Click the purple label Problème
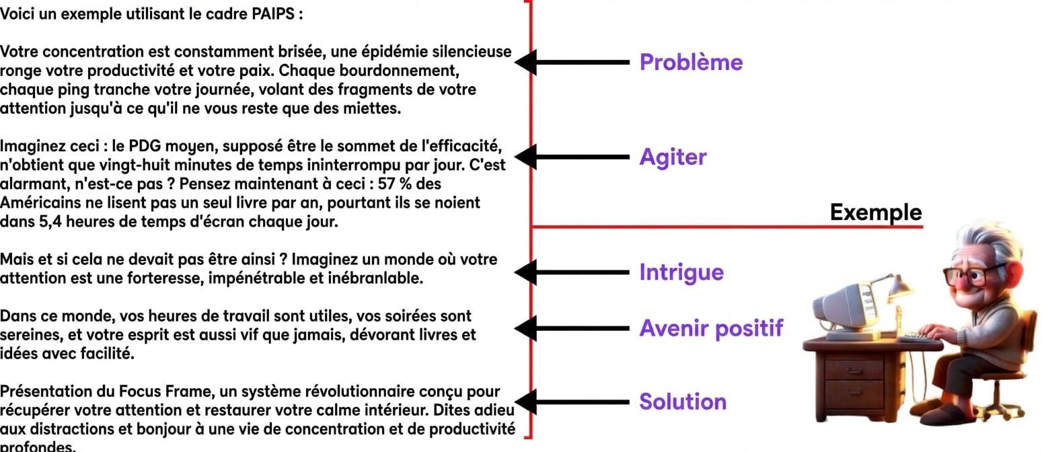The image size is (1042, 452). [x=691, y=63]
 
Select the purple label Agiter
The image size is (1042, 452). [x=673, y=157]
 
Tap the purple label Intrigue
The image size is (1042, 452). [x=681, y=272]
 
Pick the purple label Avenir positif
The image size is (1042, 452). [x=711, y=328]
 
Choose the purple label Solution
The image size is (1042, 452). [x=682, y=402]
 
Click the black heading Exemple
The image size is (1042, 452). [x=876, y=213]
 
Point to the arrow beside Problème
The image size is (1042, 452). [x=572, y=63]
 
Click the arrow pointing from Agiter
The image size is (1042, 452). [x=572, y=157]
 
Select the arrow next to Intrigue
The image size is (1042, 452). [x=572, y=272]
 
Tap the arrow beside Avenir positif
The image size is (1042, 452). [x=572, y=328]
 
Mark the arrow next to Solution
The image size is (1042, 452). [x=572, y=402]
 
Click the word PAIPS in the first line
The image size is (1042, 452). [x=273, y=14]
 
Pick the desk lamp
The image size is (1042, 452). [x=895, y=302]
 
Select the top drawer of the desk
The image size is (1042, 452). [x=854, y=370]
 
